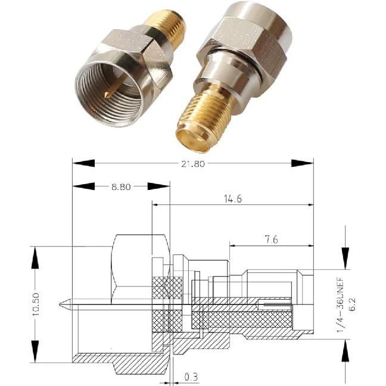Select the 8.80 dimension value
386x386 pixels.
tap(121, 186)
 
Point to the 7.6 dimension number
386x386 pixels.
tap(267, 240)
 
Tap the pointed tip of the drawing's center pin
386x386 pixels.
tap(62, 306)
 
